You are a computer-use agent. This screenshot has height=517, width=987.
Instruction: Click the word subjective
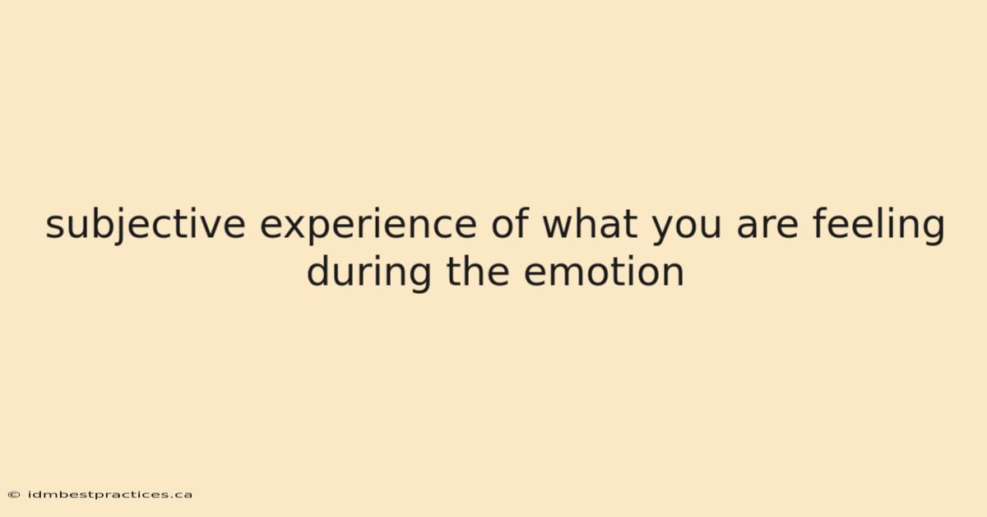(x=146, y=226)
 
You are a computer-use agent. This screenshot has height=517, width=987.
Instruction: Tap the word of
(x=510, y=223)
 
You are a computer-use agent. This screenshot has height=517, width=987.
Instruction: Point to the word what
(x=590, y=224)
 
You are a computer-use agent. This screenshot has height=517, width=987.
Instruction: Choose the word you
(x=687, y=230)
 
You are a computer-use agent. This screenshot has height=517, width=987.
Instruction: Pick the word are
(x=767, y=226)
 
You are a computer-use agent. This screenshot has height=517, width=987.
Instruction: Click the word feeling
(x=878, y=226)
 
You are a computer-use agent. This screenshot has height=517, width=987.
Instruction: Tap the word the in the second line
(x=478, y=270)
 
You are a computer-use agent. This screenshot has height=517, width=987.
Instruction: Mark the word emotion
(x=604, y=271)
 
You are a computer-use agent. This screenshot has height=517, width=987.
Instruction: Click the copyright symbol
(x=14, y=495)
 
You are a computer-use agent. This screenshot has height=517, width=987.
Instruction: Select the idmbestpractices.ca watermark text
(x=110, y=495)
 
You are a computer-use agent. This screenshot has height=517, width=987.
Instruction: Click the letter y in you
(x=664, y=231)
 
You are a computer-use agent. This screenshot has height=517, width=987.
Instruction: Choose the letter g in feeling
(x=934, y=230)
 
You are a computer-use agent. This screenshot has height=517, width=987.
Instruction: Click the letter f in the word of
(x=522, y=223)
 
